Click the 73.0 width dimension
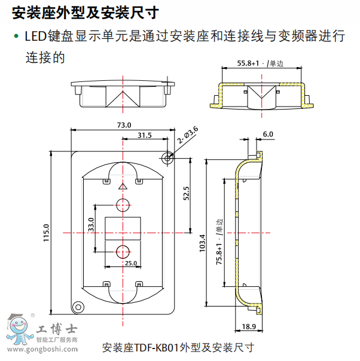pyautogui.click(x=123, y=125)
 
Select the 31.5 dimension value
pyautogui.click(x=144, y=135)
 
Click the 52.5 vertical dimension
pyautogui.click(x=186, y=194)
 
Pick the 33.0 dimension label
pyautogui.click(x=91, y=225)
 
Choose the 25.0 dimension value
pyautogui.click(x=130, y=263)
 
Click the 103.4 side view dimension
pyautogui.click(x=202, y=242)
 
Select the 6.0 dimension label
pyautogui.click(x=267, y=134)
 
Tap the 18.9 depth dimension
pyautogui.click(x=249, y=326)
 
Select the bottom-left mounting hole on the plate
pyautogui.click(x=77, y=307)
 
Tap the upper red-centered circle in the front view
pyautogui.click(x=123, y=204)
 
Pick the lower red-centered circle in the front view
pyautogui.click(x=123, y=251)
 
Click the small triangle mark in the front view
pyautogui.click(x=123, y=186)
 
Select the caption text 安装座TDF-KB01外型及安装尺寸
pyautogui.click(x=179, y=347)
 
